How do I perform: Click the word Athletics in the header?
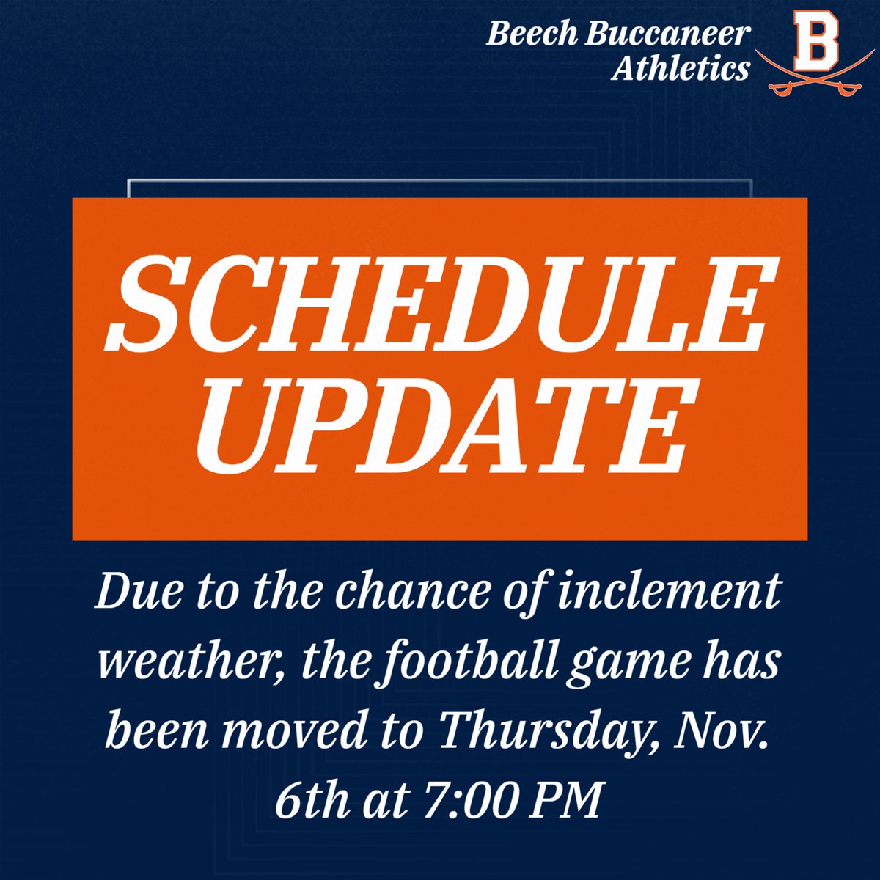(x=681, y=69)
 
